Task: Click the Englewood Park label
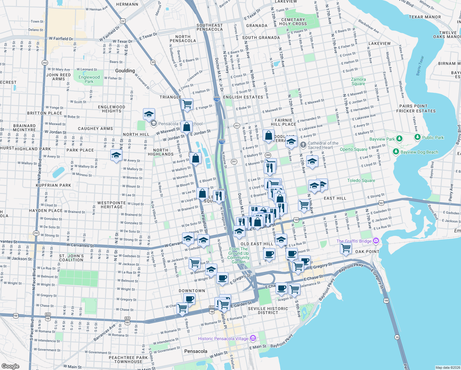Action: click(89, 79)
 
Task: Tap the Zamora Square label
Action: click(358, 81)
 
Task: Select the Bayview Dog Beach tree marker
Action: click(396, 152)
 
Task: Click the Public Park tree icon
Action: click(418, 137)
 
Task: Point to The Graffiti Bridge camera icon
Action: click(376, 241)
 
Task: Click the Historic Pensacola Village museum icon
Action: click(253, 338)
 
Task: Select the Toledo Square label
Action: click(361, 180)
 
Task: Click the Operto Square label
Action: click(353, 149)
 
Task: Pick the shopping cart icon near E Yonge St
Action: click(187, 104)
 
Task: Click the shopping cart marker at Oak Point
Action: click(346, 248)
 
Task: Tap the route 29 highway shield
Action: click(123, 21)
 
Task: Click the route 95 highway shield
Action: click(153, 62)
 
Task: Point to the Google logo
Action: click(10, 366)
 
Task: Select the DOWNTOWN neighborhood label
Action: click(192, 291)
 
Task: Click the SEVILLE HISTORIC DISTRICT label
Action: click(268, 310)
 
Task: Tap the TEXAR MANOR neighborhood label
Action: click(425, 17)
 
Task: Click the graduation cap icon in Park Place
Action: click(116, 155)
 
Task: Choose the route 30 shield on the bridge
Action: click(397, 337)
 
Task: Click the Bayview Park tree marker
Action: click(399, 138)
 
